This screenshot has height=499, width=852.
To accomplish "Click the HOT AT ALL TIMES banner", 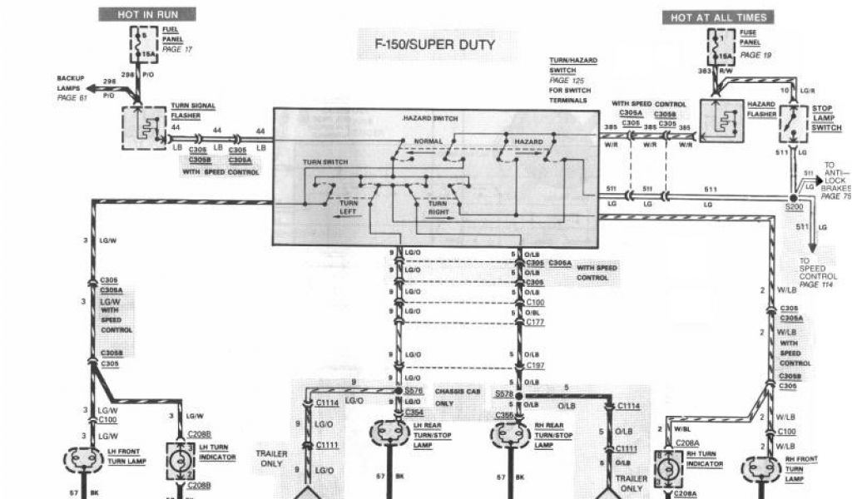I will coord(718,17).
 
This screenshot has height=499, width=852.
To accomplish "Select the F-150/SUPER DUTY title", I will coord(429,44).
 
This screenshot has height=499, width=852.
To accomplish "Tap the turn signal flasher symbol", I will coord(143,127).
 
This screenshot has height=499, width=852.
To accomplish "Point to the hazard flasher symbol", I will coord(721,120).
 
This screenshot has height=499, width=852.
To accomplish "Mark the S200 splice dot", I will coord(792,198).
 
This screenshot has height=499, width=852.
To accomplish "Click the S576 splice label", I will coord(414,389).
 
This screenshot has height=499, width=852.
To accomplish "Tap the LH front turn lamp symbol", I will coord(85,460).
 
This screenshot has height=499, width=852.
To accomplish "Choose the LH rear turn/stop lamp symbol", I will coord(389,433).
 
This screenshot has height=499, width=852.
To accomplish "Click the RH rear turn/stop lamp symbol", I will coord(510,433).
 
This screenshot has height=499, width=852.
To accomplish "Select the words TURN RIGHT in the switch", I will coord(438,207).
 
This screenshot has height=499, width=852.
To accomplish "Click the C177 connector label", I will coord(535,321).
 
